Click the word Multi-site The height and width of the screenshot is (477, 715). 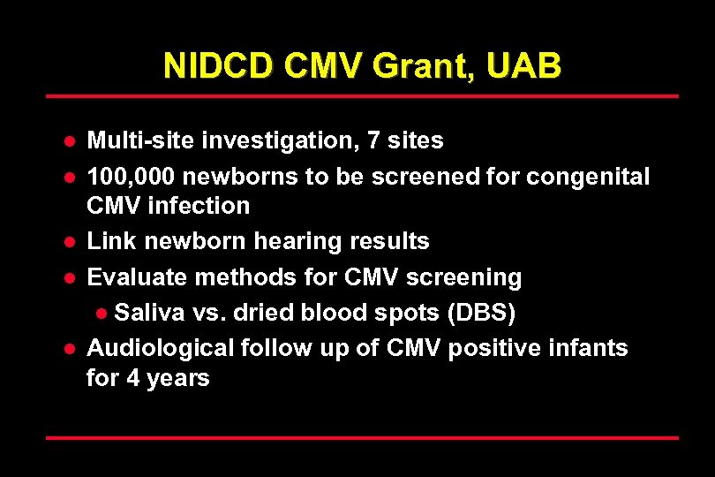pyautogui.click(x=141, y=140)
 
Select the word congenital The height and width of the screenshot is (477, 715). pyautogui.click(x=588, y=177)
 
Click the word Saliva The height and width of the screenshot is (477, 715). pyautogui.click(x=147, y=313)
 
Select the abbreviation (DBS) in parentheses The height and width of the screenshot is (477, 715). pyautogui.click(x=483, y=313)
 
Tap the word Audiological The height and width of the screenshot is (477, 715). pyautogui.click(x=162, y=348)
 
